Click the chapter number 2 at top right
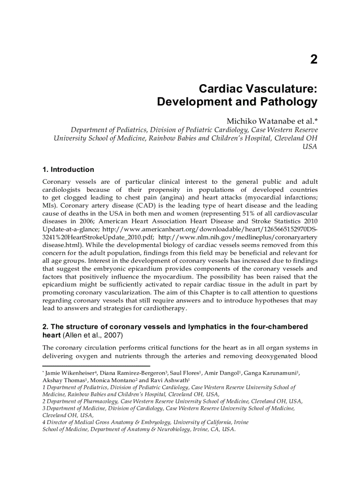tap(313, 60)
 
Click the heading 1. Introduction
tap(68, 169)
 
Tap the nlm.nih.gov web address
tap(237, 237)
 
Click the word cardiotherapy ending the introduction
tap(165, 309)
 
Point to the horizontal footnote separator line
tap(96, 366)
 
